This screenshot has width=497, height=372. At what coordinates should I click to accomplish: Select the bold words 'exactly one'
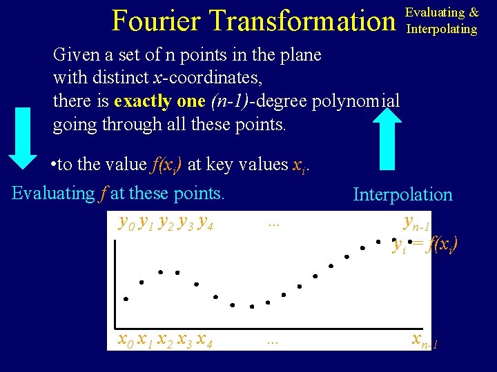[159, 101]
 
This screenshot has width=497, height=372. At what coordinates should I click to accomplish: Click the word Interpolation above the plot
[402, 195]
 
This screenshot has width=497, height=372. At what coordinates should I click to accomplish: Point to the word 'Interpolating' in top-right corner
[442, 29]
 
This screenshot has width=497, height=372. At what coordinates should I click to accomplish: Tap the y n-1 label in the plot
[416, 223]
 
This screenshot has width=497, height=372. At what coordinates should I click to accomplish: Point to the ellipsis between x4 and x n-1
[273, 340]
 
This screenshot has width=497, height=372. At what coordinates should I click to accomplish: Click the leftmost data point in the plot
[126, 299]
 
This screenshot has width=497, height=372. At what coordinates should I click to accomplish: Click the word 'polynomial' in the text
[356, 101]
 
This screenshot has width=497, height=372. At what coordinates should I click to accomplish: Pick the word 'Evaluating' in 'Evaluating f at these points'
[54, 194]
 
